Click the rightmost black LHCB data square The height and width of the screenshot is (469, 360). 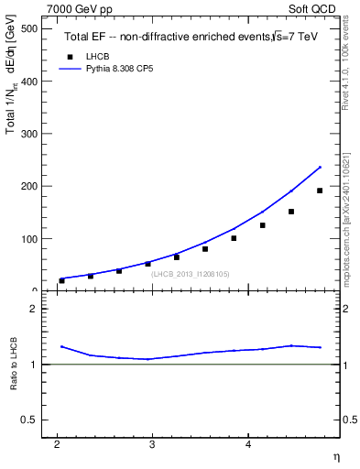pos(320,191)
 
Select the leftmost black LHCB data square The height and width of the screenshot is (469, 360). pos(61,280)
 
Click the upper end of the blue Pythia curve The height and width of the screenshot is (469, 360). pos(320,167)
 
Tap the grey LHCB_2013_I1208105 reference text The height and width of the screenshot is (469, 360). pos(191,274)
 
